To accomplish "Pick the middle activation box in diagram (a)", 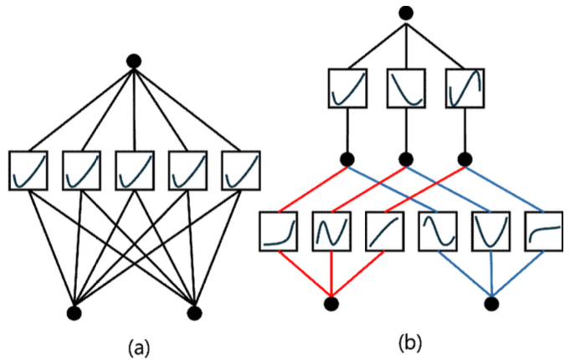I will pos(134,170).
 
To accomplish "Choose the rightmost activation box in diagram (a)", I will pos(240,170).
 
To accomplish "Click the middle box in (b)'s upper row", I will pos(407,90).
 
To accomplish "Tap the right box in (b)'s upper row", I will pos(465,90).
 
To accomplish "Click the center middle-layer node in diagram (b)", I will pos(407,157).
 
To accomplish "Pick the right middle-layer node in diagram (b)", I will pos(465,157).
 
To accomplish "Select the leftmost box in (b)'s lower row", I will pos(279,231).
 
